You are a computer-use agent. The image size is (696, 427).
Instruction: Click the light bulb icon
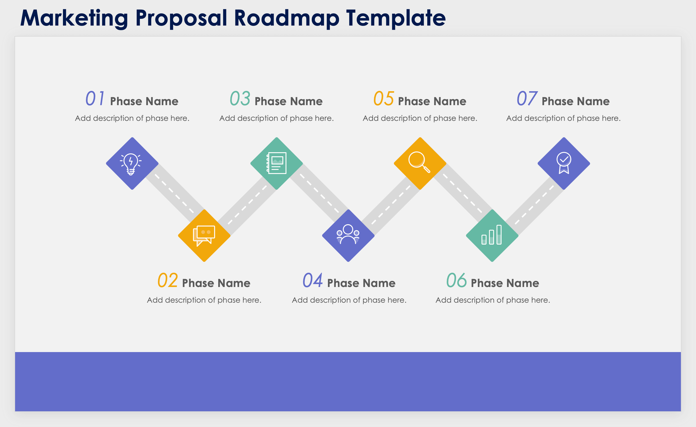pos(131,164)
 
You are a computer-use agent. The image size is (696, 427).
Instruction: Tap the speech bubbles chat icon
pos(204,236)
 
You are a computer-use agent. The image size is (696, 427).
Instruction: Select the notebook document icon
pos(277,163)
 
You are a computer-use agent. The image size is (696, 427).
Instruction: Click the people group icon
pos(348,234)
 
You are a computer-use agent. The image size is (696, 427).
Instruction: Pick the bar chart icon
pos(491,235)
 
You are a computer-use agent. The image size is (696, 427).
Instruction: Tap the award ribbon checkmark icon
pos(564,163)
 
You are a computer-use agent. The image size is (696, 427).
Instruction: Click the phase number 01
pos(95,98)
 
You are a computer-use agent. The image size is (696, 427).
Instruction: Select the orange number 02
pos(167,280)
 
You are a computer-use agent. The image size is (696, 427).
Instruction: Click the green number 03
pos(240,98)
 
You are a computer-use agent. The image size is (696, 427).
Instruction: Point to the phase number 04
pos(313,280)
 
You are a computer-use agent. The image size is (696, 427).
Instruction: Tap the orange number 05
pos(383,98)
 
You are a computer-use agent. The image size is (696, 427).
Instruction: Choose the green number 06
pos(456,280)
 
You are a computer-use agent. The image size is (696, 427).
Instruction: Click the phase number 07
pos(527,98)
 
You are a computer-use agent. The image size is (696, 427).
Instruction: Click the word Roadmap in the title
pos(286,18)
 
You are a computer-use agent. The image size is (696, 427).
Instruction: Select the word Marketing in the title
pos(74,18)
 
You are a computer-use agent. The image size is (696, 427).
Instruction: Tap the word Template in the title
pos(396,18)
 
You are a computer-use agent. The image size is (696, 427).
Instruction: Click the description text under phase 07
pos(563,118)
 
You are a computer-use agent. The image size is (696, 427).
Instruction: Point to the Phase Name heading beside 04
pos(361,283)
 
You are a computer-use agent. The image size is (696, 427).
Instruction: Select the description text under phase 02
pos(204,300)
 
